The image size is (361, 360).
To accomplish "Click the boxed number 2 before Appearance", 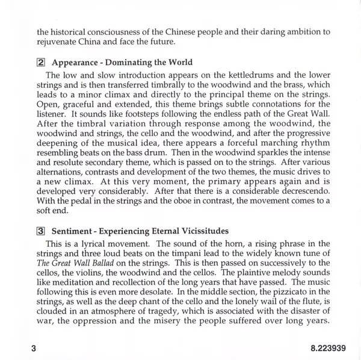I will click(x=42, y=63).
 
